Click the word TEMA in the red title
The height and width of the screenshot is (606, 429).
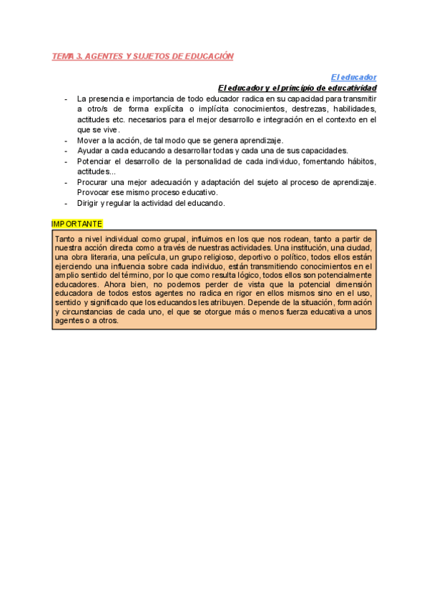pos(62,56)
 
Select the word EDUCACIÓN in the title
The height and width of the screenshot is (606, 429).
pos(209,56)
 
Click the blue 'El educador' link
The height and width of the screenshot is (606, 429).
pos(354,77)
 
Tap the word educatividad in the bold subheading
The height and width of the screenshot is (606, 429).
pos(351,87)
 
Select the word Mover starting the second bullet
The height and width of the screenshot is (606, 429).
pos(89,140)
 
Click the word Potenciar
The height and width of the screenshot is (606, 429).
pos(95,162)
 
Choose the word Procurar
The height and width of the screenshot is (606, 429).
pos(94,182)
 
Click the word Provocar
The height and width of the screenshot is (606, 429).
pos(94,193)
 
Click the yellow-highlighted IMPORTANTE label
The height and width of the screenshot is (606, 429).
pos(77,224)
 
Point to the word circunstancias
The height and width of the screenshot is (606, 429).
pos(89,312)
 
